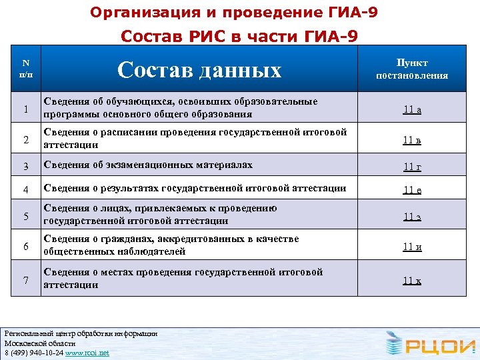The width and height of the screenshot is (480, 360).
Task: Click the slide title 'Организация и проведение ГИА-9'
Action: [233, 12]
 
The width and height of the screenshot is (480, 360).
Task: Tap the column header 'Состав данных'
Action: [199, 69]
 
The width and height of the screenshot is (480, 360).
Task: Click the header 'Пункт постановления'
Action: [412, 69]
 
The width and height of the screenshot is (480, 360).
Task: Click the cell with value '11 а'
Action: [411, 109]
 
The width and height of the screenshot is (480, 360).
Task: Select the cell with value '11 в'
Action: [411, 140]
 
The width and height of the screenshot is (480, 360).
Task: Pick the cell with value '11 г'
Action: [411, 166]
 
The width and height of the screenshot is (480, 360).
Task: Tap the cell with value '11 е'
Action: [411, 189]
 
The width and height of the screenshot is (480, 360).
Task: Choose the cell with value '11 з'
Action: [411, 216]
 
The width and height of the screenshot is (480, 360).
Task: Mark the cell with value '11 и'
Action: [411, 247]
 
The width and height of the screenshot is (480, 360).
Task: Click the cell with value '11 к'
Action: [411, 280]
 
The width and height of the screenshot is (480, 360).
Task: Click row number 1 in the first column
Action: [25, 109]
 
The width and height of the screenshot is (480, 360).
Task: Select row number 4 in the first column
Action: [25, 190]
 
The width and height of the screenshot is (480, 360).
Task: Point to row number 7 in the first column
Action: [25, 280]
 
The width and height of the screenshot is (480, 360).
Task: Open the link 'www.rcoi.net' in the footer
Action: [87, 352]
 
